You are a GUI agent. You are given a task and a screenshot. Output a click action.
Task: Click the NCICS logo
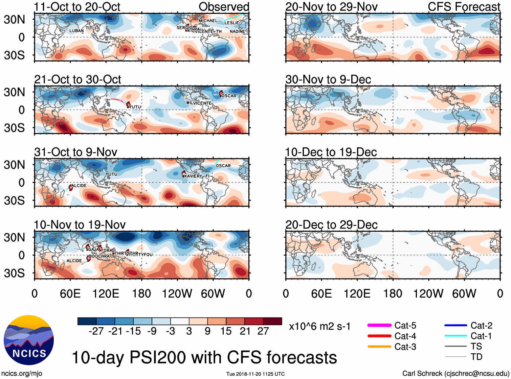pyautogui.click(x=29, y=340)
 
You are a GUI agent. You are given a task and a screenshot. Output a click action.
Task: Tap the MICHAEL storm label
pyautogui.click(x=208, y=21)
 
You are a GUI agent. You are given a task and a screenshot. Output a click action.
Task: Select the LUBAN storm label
pyautogui.click(x=76, y=31)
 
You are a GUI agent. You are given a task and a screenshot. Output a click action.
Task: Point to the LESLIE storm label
pyautogui.click(x=231, y=23)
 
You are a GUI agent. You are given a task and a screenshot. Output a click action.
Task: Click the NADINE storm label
pyautogui.click(x=237, y=31)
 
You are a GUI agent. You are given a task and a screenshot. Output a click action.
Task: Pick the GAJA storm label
pyautogui.click(x=93, y=250)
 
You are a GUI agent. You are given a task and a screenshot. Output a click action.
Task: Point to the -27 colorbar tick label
pyautogui.click(x=96, y=331)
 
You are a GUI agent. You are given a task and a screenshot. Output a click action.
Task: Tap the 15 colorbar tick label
pyautogui.click(x=226, y=331)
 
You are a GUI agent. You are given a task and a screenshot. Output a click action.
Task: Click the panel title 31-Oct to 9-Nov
pyautogui.click(x=76, y=152)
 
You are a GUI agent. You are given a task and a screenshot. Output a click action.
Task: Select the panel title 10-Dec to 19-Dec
pyautogui.click(x=331, y=152)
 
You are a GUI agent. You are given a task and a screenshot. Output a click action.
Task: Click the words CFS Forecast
pyautogui.click(x=464, y=7)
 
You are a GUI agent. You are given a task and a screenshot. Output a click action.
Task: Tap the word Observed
pyautogui.click(x=224, y=7)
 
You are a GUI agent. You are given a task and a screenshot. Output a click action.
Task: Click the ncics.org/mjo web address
pyautogui.click(x=22, y=374)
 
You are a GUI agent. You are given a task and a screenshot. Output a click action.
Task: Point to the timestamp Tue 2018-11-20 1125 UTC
pyautogui.click(x=255, y=374)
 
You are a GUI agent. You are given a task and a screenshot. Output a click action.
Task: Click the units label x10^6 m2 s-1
pyautogui.click(x=319, y=327)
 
